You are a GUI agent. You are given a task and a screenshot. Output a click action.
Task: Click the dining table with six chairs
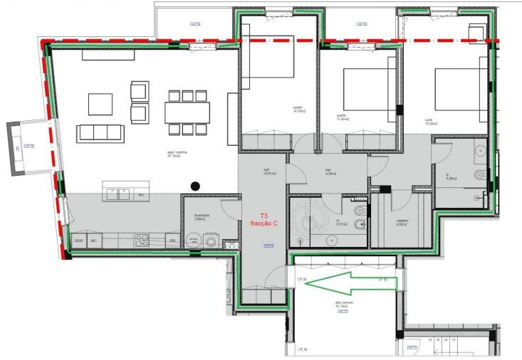(x=188, y=112)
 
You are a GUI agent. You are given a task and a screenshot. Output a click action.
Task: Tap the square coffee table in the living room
(x=100, y=104)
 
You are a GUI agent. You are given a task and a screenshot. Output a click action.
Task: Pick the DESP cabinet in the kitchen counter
(x=78, y=241)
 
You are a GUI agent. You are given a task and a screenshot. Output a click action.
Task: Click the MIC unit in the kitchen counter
(x=93, y=241)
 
